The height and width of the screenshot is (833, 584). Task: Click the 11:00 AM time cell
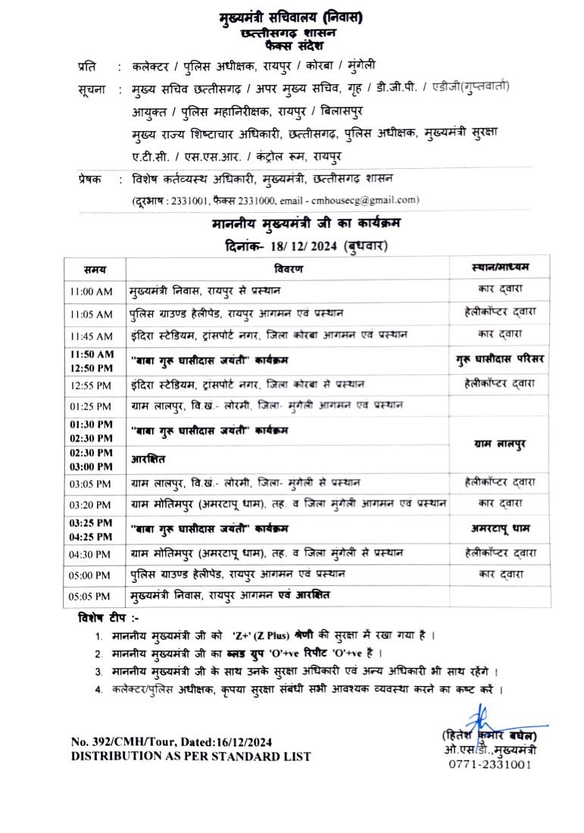[x=90, y=291]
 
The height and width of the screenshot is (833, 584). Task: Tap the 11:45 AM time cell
[x=90, y=335]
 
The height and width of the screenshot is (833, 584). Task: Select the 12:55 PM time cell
[x=90, y=385]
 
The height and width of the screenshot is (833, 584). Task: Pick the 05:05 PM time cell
[x=90, y=596]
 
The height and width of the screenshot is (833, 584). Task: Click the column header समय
[x=95, y=269]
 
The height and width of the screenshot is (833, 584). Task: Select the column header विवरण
[x=289, y=269]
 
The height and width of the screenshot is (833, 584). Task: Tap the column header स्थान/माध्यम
[x=500, y=268]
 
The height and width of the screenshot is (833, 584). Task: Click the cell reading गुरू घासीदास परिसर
[x=501, y=357]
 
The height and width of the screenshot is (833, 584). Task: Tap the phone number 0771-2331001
[x=491, y=764]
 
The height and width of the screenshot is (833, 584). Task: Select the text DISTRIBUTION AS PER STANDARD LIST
[x=190, y=756]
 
